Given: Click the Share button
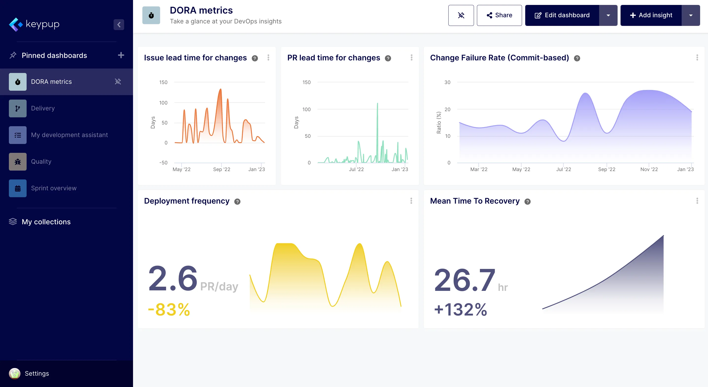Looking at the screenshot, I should click(499, 15).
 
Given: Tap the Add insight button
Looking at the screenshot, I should click(651, 15).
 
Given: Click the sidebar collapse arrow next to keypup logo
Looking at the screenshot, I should click(119, 25).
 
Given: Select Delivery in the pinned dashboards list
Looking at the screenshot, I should click(43, 108).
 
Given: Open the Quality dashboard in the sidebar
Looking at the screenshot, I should click(41, 162).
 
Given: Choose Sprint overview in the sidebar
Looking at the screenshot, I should click(54, 188).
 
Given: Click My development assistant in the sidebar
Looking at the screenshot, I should click(69, 135).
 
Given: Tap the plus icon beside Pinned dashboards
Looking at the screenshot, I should click(121, 55).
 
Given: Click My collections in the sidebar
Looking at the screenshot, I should click(46, 222).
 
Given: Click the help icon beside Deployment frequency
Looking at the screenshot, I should click(237, 202).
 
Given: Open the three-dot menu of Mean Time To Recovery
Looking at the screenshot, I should click(697, 201).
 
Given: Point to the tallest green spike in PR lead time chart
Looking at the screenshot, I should click(377, 104).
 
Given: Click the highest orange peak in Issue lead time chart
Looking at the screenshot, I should click(220, 89).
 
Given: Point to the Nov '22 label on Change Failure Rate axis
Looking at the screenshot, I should click(649, 169).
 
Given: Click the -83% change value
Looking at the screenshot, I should click(169, 309).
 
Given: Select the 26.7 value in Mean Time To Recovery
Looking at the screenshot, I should click(465, 280).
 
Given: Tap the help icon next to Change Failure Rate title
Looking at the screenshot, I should click(577, 58).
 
